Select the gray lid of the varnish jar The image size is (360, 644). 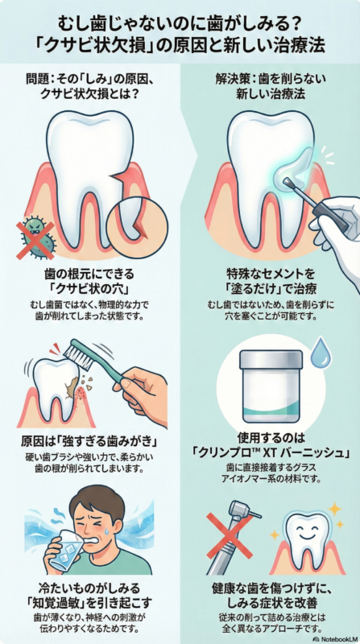[271, 358]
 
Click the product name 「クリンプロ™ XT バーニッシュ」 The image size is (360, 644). [271, 453]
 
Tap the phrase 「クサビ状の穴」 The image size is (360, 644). [90, 290]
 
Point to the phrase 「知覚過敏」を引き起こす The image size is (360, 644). [90, 602]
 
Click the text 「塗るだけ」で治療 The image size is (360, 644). [271, 290]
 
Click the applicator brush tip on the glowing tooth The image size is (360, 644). [288, 180]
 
